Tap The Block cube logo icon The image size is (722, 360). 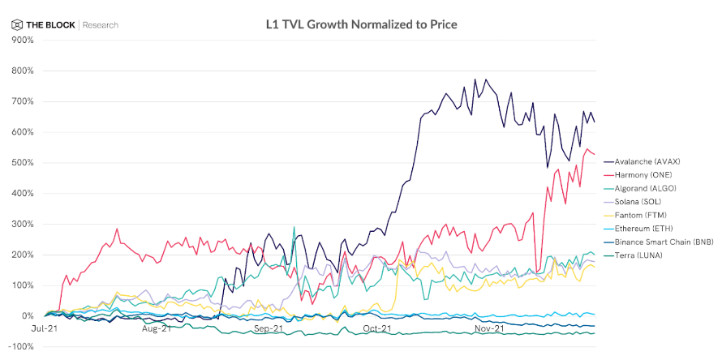(17, 24)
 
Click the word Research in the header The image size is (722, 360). (100, 25)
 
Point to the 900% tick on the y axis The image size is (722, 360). (22, 40)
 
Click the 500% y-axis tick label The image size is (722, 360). (22, 163)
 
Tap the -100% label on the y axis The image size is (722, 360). (21, 346)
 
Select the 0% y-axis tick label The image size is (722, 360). (28, 316)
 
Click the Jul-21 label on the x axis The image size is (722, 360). (45, 328)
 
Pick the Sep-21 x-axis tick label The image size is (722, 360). (268, 328)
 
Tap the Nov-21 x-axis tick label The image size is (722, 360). (489, 328)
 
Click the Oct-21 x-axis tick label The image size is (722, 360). (378, 328)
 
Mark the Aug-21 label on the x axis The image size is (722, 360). (157, 328)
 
